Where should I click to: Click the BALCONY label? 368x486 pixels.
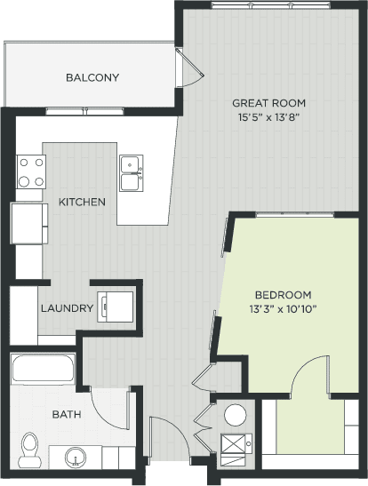pyautogui.click(x=92, y=77)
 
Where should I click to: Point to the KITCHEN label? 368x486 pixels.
pyautogui.click(x=82, y=202)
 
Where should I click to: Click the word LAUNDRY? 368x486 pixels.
pyautogui.click(x=67, y=308)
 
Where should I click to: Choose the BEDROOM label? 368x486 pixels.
pyautogui.click(x=283, y=295)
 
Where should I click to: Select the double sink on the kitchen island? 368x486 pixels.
pyautogui.click(x=132, y=172)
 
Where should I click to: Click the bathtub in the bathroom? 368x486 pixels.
pyautogui.click(x=44, y=368)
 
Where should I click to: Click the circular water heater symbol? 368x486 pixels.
pyautogui.click(x=235, y=414)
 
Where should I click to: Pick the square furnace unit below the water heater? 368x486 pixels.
pyautogui.click(x=235, y=447)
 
